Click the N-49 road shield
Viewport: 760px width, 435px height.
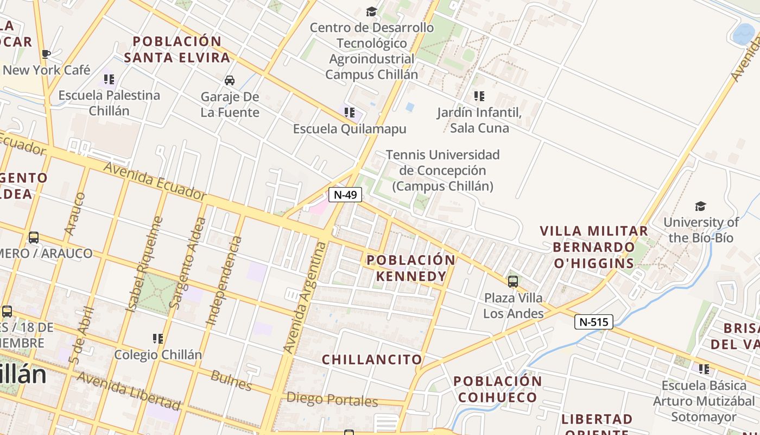[345, 195]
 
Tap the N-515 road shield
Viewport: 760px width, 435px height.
[593, 322]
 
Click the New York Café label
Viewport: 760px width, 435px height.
[47, 70]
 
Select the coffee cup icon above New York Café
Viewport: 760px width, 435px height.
[46, 54]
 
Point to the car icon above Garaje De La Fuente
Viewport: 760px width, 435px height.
[230, 80]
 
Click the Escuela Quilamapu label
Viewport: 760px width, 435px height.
[350, 129]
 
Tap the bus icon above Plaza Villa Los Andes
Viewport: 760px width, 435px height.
[513, 281]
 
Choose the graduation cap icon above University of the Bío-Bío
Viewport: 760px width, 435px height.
[700, 207]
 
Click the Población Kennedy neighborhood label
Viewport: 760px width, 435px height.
[411, 268]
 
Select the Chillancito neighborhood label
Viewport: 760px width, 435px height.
[372, 359]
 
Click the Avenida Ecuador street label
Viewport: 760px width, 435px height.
[155, 182]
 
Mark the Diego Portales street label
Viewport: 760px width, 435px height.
[332, 400]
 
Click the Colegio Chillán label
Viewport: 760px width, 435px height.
[158, 355]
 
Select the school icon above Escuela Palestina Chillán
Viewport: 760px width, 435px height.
[109, 80]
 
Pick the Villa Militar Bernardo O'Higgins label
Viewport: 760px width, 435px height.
[594, 247]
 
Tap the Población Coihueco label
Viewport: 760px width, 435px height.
[497, 389]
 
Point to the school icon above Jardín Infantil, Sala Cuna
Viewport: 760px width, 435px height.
[479, 96]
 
